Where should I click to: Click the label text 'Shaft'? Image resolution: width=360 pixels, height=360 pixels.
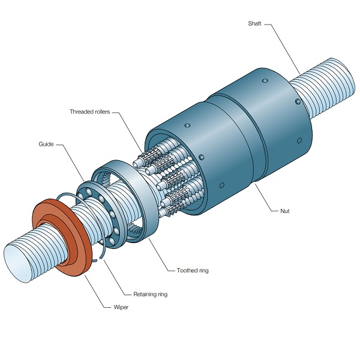pyautogui.click(x=254, y=24)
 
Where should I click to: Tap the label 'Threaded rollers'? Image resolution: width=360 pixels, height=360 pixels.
pyautogui.click(x=89, y=112)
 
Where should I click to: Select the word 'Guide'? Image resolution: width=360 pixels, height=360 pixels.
pyautogui.click(x=46, y=144)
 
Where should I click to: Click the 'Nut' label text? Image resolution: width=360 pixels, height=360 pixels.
pyautogui.click(x=285, y=211)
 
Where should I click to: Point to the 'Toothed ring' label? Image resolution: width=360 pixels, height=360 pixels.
pyautogui.click(x=193, y=271)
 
